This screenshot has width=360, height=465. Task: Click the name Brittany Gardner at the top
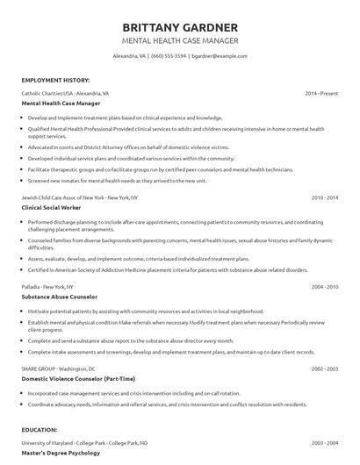179,26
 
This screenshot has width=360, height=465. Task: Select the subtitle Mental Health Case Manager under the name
179,40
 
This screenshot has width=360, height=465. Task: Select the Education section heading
40,432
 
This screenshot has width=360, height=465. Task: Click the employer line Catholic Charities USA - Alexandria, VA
66,92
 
